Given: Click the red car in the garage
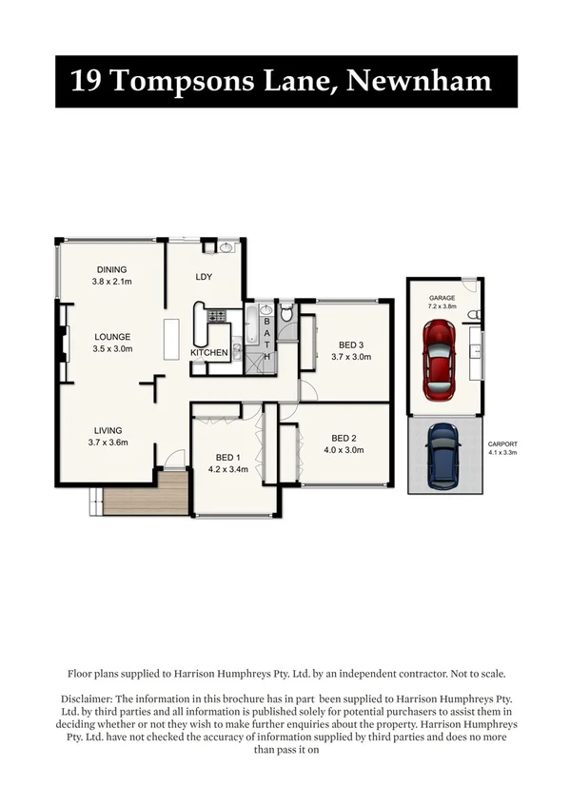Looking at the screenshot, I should [x=439, y=354].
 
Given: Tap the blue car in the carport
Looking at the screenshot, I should [x=444, y=451].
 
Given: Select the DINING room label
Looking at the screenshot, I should [x=110, y=269].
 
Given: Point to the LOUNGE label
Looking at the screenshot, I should [x=111, y=337].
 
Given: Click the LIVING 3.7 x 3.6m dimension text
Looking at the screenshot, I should [x=108, y=442].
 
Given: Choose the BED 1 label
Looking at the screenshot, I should [x=226, y=457].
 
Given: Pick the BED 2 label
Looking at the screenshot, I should [x=344, y=439].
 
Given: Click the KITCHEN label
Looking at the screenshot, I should [x=208, y=353].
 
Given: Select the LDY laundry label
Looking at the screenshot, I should [x=203, y=277].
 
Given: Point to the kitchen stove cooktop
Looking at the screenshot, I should [x=216, y=315].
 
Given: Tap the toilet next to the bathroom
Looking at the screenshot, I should [x=286, y=313].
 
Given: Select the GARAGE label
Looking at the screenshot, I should [x=442, y=298].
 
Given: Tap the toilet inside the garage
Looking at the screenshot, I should [x=480, y=315].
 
